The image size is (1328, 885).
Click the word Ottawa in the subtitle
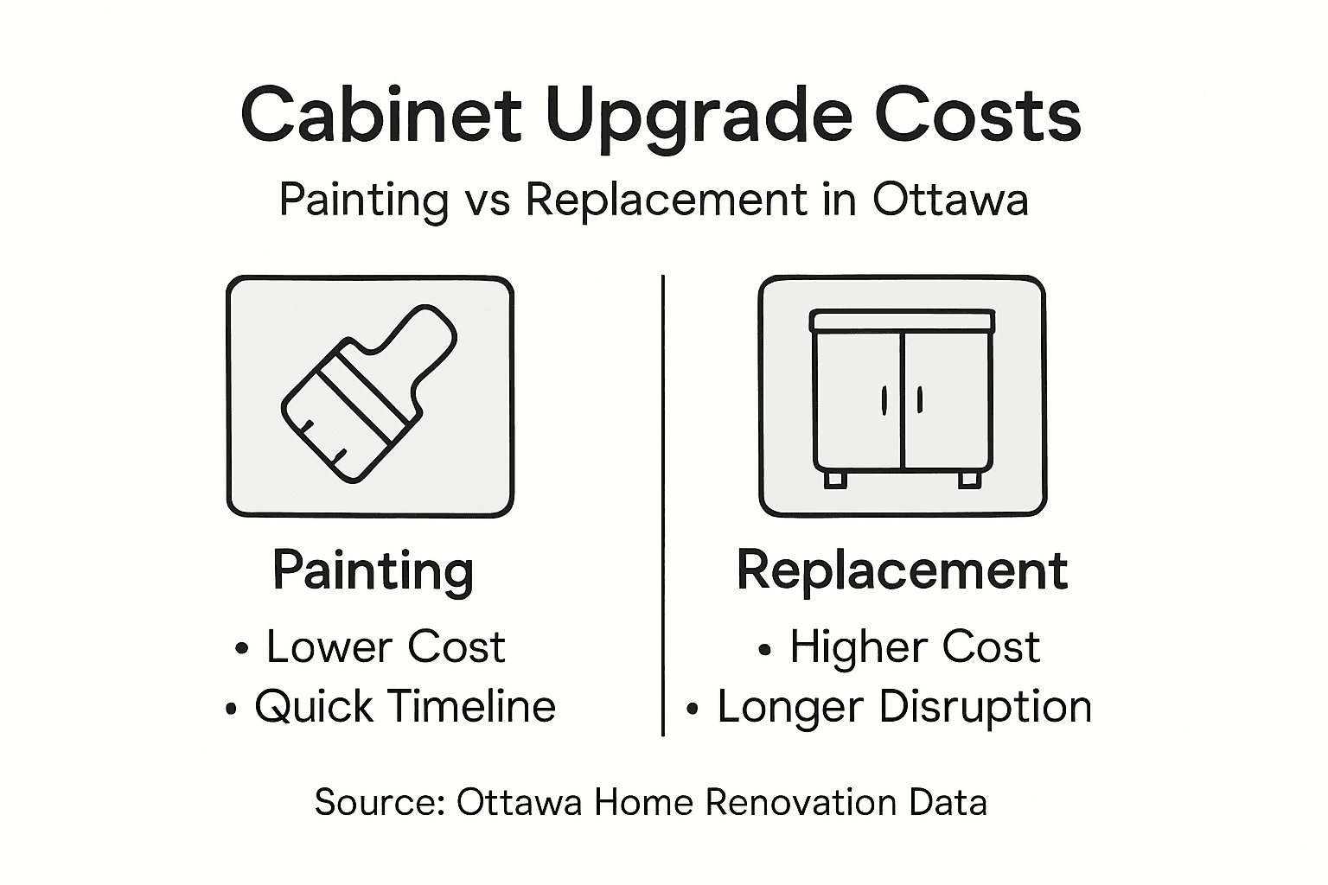950,200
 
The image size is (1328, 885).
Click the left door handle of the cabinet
884,399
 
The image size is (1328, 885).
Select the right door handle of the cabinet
919,399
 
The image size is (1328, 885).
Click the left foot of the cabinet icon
834,479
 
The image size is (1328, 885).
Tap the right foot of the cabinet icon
969,479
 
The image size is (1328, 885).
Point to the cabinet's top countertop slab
902,321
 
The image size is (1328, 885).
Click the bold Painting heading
373,571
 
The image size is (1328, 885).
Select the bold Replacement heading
902,571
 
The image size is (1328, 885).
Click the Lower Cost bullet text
385,646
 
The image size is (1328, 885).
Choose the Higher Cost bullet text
914,646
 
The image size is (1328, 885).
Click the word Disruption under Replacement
985,707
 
